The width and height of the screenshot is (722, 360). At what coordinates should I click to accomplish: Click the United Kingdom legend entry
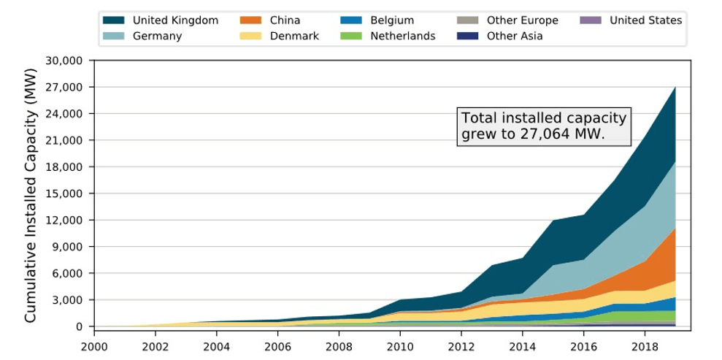[175, 20]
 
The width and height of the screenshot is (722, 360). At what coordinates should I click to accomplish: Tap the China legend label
[284, 20]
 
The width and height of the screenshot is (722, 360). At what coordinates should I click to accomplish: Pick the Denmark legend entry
[293, 36]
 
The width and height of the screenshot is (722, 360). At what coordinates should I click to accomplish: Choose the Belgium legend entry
[391, 20]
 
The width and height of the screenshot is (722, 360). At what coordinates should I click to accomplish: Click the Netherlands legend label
[402, 36]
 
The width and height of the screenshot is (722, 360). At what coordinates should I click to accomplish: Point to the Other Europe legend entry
[522, 20]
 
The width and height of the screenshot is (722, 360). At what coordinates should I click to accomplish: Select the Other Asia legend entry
[514, 36]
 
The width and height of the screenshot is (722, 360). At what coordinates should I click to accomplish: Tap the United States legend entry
[645, 20]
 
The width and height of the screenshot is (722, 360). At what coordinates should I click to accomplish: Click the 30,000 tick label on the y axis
[64, 61]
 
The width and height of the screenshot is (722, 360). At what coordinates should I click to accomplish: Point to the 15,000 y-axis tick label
[64, 194]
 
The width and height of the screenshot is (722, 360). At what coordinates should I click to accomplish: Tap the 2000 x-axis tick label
[93, 343]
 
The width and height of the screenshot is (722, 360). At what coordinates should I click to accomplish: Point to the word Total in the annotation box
[479, 119]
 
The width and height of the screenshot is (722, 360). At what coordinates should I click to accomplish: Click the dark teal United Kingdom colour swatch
[114, 20]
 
